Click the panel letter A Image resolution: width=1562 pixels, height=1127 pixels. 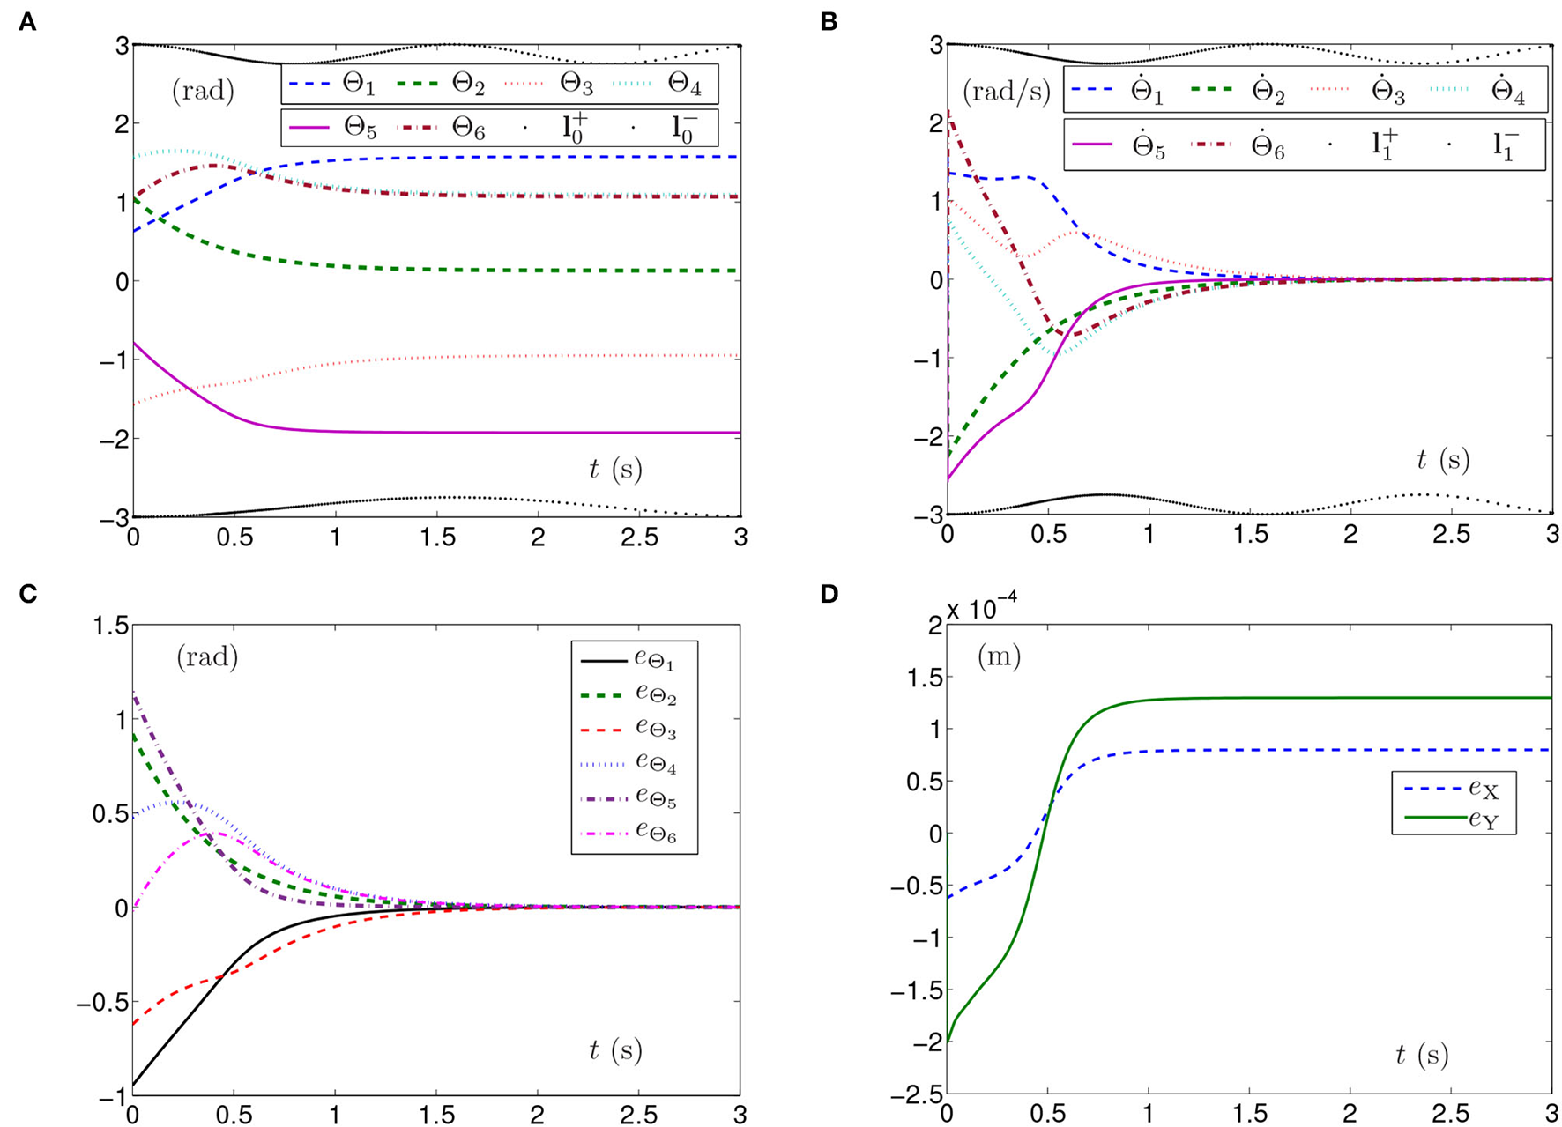pyautogui.click(x=27, y=22)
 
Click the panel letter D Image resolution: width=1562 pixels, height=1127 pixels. pyautogui.click(x=829, y=594)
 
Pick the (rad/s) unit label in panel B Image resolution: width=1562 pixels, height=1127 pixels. pyautogui.click(x=1006, y=91)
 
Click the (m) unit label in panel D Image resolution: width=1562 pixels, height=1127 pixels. pyautogui.click(x=998, y=656)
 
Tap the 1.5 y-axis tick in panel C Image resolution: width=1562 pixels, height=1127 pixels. pyautogui.click(x=112, y=627)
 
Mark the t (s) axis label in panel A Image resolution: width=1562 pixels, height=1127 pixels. pyautogui.click(x=615, y=470)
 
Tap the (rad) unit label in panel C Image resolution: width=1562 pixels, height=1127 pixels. pyautogui.click(x=207, y=657)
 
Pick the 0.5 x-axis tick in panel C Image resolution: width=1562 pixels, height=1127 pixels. pyautogui.click(x=234, y=1115)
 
